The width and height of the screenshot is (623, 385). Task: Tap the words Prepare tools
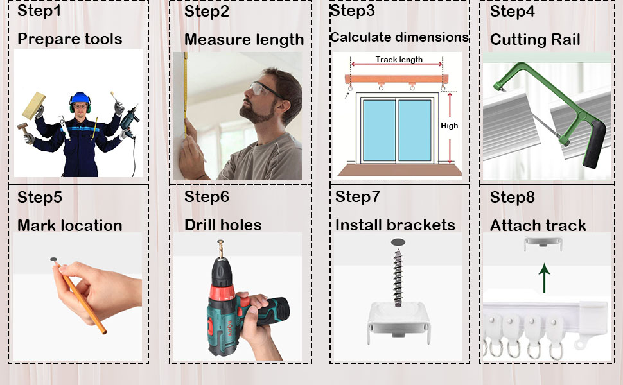69,39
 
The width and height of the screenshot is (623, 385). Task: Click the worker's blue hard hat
79,98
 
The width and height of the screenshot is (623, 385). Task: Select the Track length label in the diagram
399,60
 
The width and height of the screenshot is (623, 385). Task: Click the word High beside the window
450,126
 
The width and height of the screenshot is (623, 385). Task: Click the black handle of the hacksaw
594,144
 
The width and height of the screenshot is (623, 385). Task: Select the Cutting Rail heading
535,40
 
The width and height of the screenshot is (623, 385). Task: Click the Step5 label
40,197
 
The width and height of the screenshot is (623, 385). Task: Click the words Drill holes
223,225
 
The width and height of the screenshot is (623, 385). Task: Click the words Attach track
538,226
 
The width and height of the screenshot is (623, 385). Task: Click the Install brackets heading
395,225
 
